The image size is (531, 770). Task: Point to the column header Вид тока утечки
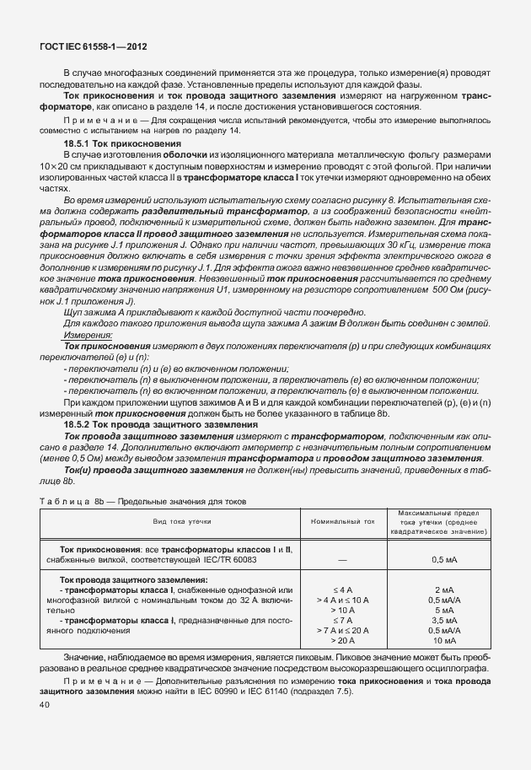tap(177, 522)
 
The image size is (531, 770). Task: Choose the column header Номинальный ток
tap(342, 522)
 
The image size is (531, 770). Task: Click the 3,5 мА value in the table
tap(444, 619)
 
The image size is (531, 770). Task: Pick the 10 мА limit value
tap(444, 641)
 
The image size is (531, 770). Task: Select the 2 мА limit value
tap(444, 590)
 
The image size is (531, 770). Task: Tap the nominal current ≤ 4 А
tap(342, 590)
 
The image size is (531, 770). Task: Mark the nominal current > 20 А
tap(342, 641)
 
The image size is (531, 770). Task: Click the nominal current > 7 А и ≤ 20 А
tap(342, 630)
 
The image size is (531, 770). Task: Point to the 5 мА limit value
tap(444, 609)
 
